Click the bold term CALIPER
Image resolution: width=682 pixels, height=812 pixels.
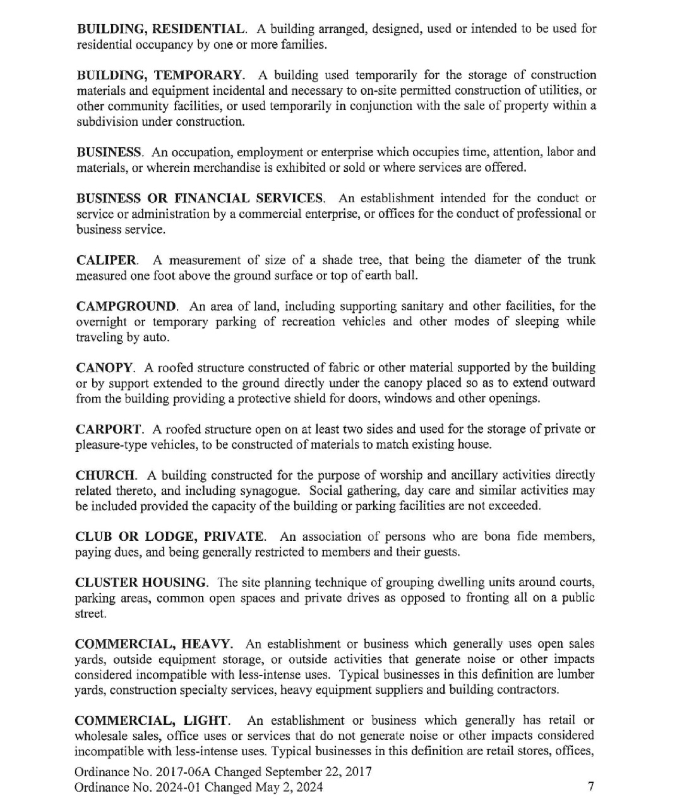pyautogui.click(x=106, y=260)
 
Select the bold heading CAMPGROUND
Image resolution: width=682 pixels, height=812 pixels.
pyautogui.click(x=126, y=306)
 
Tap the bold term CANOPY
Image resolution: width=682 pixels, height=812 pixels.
pyautogui.click(x=104, y=368)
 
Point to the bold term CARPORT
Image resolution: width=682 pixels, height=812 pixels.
pyautogui.click(x=109, y=430)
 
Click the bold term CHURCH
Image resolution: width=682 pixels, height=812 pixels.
pyautogui.click(x=105, y=475)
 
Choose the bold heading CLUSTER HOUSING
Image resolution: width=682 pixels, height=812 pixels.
pyautogui.click(x=141, y=583)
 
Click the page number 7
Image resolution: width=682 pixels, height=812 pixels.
pyautogui.click(x=590, y=787)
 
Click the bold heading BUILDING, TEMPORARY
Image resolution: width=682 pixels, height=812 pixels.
pyautogui.click(x=159, y=75)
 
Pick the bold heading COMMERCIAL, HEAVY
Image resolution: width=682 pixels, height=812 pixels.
pyautogui.click(x=153, y=645)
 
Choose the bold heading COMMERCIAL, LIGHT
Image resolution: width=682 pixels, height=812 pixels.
pyautogui.click(x=151, y=721)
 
